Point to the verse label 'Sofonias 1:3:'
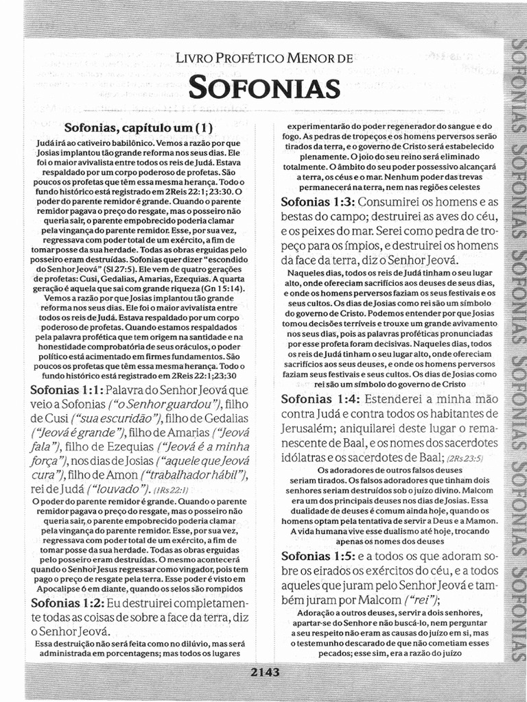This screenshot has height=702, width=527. [317, 202]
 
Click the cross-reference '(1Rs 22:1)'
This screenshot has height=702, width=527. [167, 489]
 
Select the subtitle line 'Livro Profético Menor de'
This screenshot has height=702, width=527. [264, 60]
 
